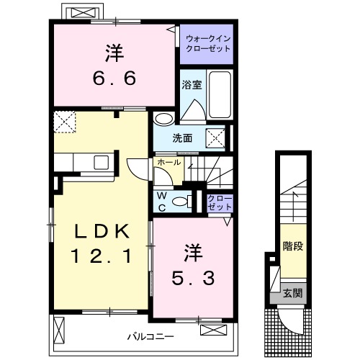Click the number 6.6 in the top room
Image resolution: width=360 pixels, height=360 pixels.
coord(113,75)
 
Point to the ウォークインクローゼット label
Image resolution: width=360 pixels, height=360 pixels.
coord(207,43)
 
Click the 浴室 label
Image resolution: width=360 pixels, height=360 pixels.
coord(192,84)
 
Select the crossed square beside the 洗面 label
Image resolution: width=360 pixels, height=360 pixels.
coord(215,138)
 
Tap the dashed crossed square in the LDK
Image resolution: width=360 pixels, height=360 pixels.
coord(66,122)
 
